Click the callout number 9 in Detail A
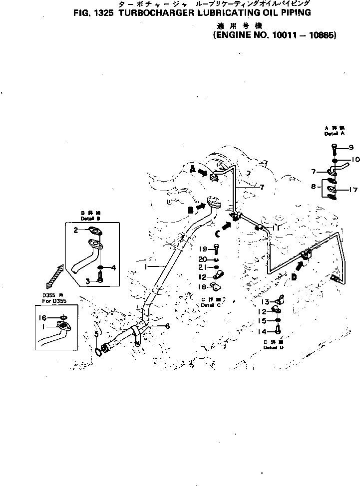point(351,147)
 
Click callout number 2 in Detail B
point(76,230)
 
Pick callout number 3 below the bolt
point(88,281)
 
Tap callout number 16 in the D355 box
point(43,317)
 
